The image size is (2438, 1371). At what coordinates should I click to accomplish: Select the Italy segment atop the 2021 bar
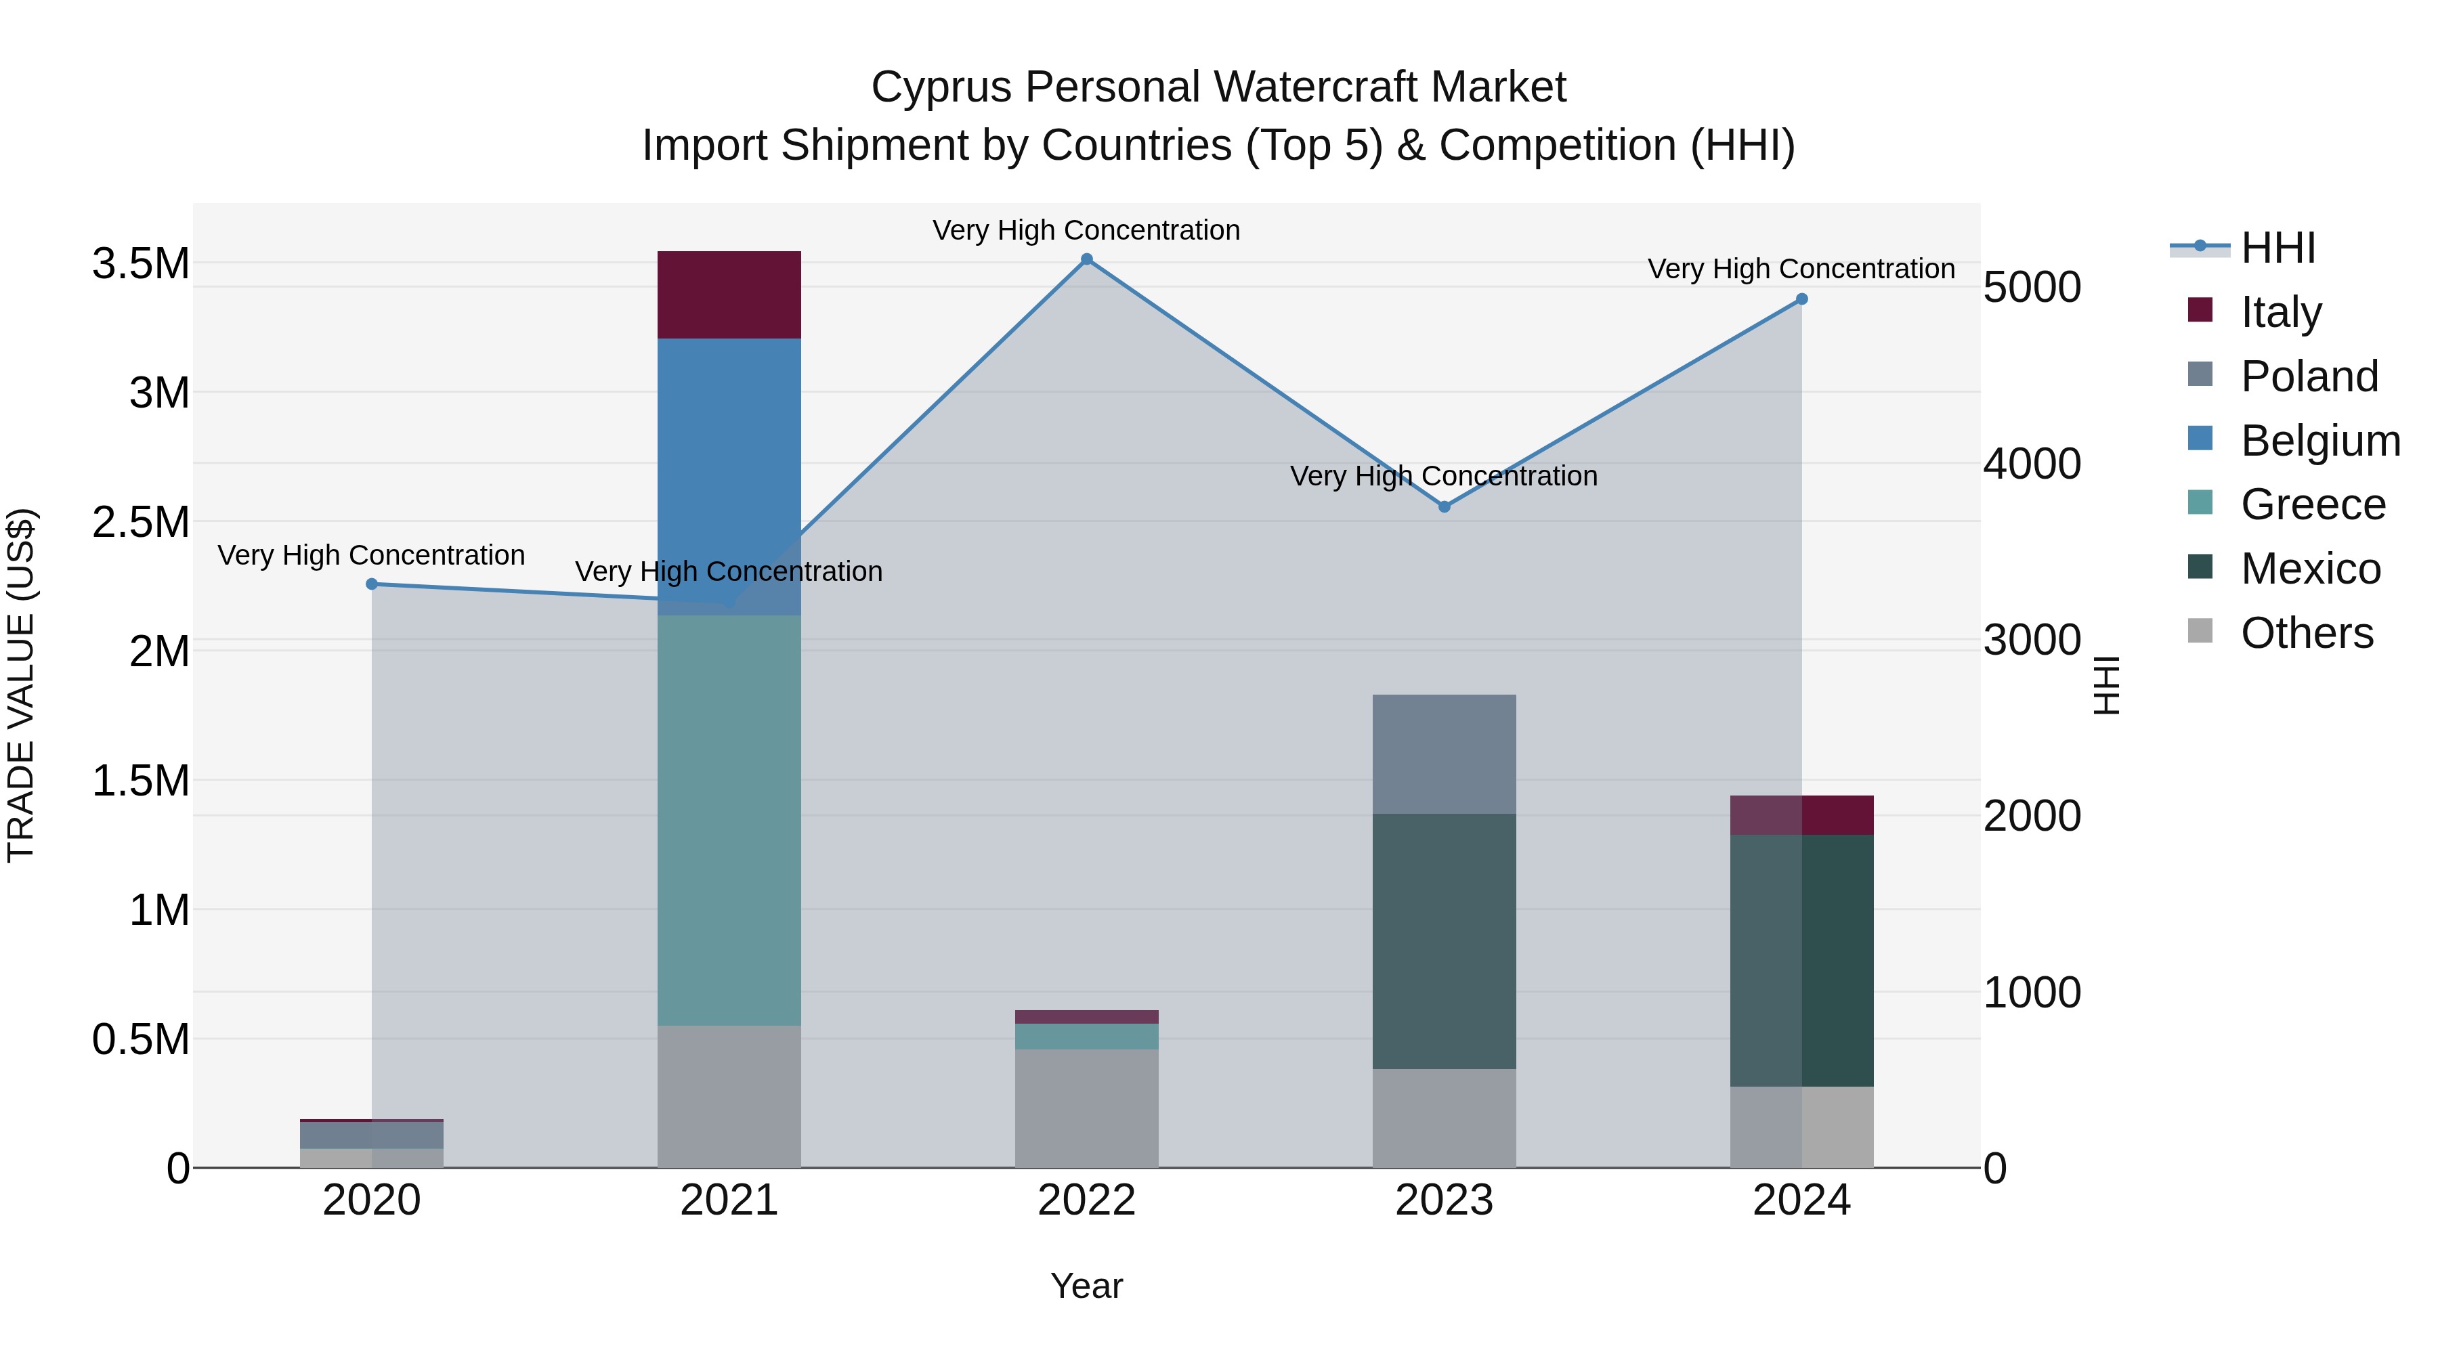[x=729, y=295]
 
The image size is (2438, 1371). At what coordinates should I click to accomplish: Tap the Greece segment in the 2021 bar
[x=729, y=819]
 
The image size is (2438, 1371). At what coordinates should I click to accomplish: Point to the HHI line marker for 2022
[x=1086, y=259]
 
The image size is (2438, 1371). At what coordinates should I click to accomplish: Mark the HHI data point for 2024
[x=1801, y=299]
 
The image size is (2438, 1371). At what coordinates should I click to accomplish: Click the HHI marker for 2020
[x=372, y=584]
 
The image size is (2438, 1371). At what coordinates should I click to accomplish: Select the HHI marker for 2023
[x=1445, y=507]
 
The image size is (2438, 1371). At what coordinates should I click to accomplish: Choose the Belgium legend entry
[x=2319, y=441]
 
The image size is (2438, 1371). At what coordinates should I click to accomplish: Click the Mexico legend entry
[x=2309, y=569]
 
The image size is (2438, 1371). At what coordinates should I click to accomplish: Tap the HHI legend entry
[x=2277, y=248]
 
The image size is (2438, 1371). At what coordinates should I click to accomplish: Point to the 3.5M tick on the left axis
[x=140, y=264]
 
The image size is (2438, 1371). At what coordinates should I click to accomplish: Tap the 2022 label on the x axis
[x=1086, y=1200]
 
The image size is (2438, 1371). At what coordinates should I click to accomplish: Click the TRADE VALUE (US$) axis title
[x=21, y=685]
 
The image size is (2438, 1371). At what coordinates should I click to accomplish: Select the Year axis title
[x=1086, y=1286]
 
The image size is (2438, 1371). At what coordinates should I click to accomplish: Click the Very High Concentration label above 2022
[x=1086, y=230]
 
